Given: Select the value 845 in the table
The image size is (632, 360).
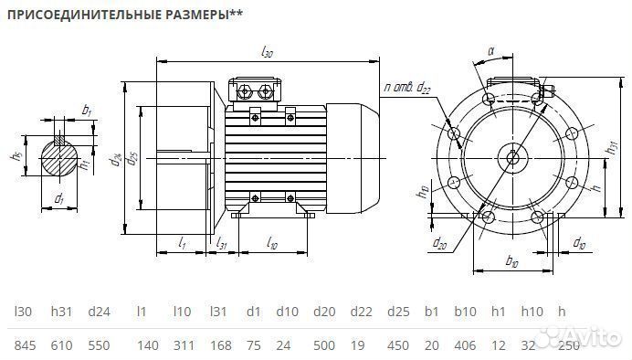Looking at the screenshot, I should click(26, 345).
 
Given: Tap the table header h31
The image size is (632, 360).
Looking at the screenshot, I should click(61, 312).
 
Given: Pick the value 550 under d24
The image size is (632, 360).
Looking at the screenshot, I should click(99, 345).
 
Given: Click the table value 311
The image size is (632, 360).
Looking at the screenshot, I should click(183, 345).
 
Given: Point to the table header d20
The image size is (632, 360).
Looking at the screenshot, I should click(324, 312).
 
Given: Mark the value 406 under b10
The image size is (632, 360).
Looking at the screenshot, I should click(466, 345).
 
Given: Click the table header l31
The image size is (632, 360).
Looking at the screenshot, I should click(218, 312).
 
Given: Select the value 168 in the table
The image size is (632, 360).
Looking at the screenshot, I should click(219, 345).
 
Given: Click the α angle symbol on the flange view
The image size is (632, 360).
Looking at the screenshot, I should click(490, 52).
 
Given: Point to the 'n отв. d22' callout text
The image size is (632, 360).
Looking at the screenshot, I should click(407, 87).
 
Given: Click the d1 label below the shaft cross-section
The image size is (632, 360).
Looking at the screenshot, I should click(58, 198).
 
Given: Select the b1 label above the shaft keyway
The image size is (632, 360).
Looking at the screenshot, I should click(86, 110).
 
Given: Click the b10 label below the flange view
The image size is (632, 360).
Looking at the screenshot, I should click(511, 263).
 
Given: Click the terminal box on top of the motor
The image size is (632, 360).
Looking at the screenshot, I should click(257, 90).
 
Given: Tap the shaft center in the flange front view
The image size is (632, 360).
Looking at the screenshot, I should click(512, 157).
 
